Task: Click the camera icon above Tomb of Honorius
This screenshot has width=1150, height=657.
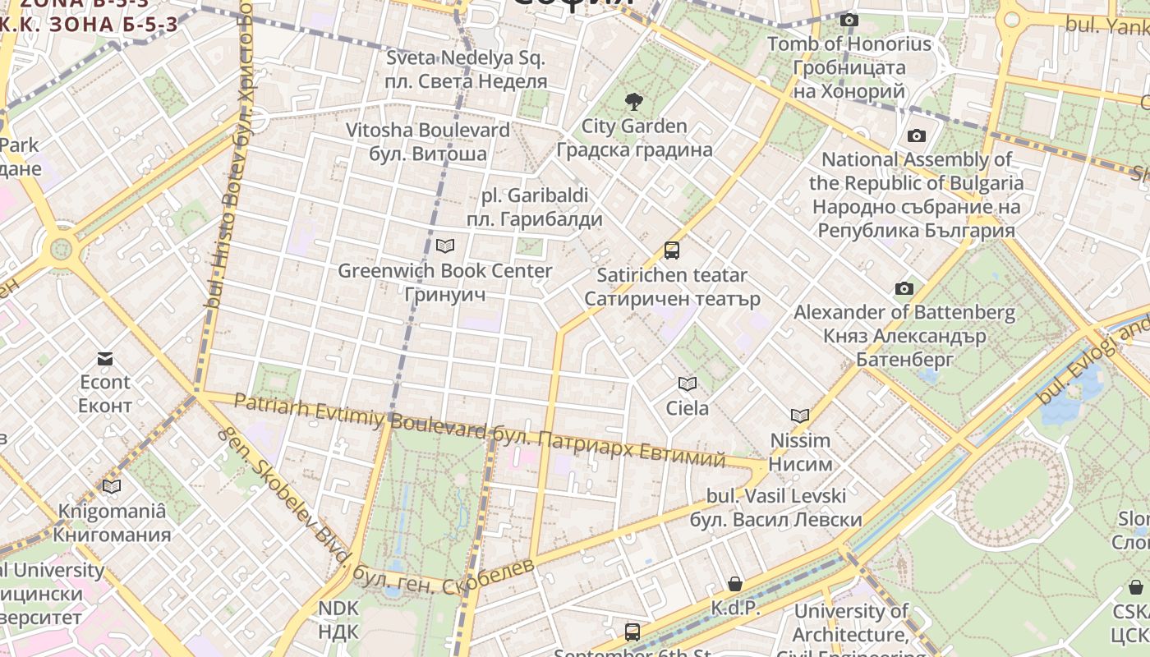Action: [x=849, y=21]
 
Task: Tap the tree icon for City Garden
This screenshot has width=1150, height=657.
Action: [x=633, y=103]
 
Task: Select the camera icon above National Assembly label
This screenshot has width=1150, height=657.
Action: [x=917, y=136]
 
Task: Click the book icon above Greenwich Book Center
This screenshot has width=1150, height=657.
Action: [x=445, y=246]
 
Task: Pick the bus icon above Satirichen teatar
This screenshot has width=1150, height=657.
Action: [x=672, y=250]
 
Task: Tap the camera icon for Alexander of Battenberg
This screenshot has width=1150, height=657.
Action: [x=904, y=289]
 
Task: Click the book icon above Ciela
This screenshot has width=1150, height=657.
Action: [x=688, y=384]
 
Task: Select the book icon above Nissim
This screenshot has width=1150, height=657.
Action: [x=800, y=416]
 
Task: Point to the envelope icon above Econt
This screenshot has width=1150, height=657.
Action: [x=105, y=359]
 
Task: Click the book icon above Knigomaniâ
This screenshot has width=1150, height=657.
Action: [x=112, y=486]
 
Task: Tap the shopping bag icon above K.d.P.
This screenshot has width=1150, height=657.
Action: [x=735, y=584]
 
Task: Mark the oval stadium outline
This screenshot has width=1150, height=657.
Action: [x=1019, y=492]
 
